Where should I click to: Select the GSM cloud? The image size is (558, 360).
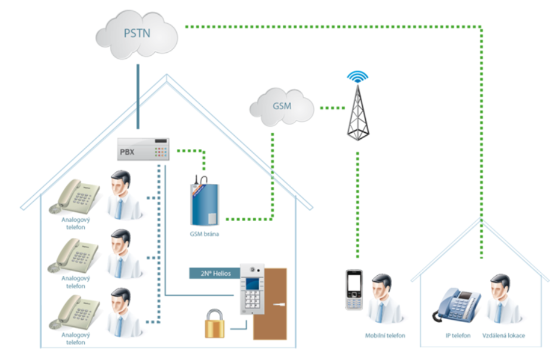click(281, 106)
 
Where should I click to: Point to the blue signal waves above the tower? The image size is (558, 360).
click(358, 77)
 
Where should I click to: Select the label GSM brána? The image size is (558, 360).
click(204, 234)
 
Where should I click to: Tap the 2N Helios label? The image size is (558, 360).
click(215, 273)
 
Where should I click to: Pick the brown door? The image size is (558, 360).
click(275, 302)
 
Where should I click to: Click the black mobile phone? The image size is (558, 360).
click(353, 290)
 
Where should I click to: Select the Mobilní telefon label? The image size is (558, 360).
click(385, 336)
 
